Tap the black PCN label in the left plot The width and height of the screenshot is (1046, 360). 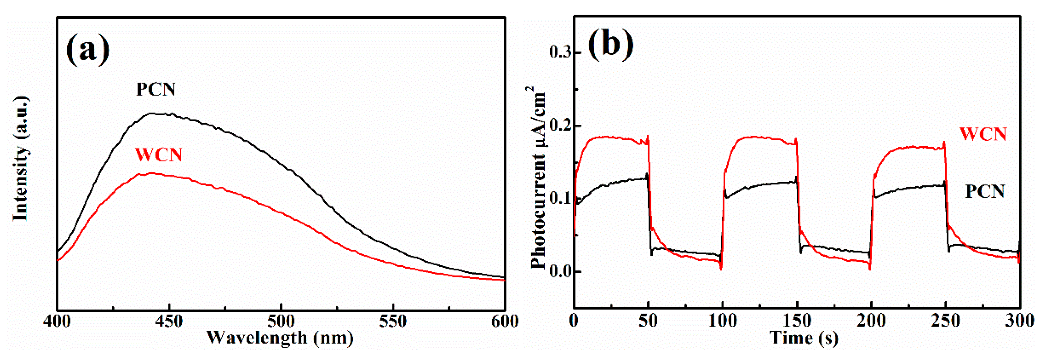tap(156, 89)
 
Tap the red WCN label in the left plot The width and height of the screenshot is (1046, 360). tap(159, 155)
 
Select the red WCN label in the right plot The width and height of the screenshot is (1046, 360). tap(983, 134)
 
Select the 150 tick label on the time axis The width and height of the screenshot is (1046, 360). tap(797, 321)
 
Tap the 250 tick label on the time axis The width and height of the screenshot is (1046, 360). tap(945, 321)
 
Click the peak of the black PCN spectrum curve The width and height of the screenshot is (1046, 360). tap(151, 114)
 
